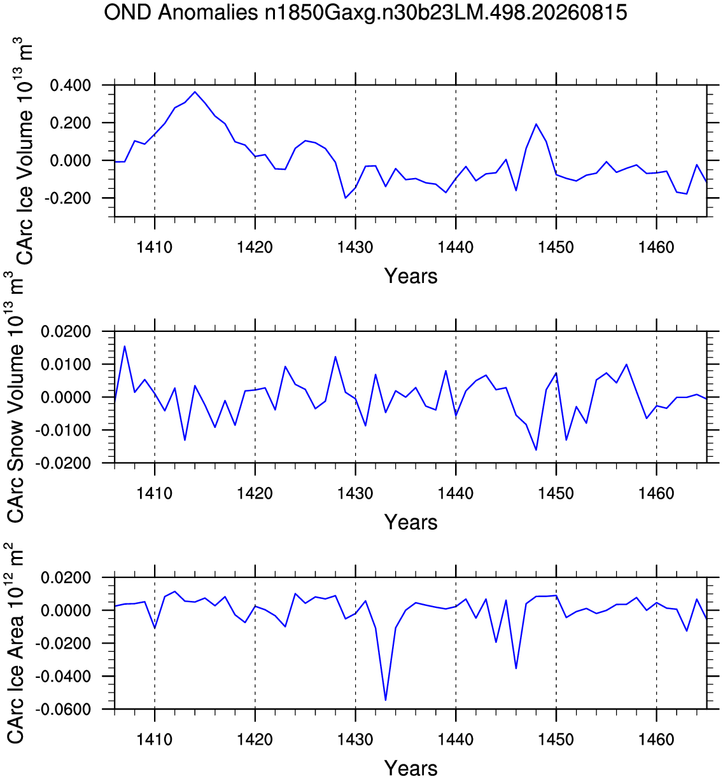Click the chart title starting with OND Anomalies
point(365,13)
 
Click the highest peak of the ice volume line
point(195,92)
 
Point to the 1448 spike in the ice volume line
point(536,125)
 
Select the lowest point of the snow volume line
point(536,450)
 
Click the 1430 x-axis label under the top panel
point(355,247)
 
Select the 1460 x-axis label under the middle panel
point(656,494)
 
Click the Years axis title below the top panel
point(411,276)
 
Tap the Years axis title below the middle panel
point(411,523)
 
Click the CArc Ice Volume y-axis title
point(23,151)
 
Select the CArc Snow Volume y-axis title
point(14,397)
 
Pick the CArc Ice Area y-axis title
point(14,644)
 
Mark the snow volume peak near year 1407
point(125,346)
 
